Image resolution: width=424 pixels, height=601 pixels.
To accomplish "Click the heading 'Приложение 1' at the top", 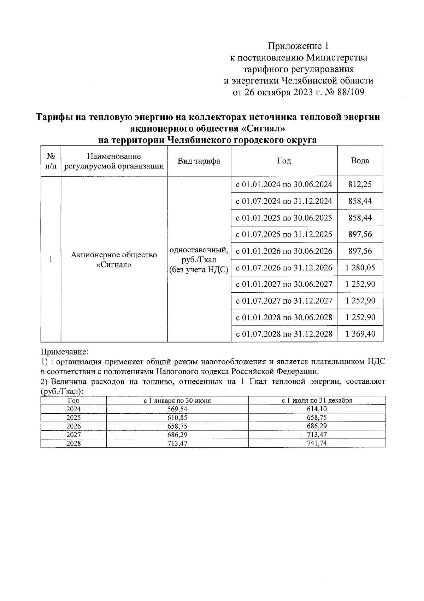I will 299,46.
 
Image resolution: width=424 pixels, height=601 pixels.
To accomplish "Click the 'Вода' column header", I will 360,161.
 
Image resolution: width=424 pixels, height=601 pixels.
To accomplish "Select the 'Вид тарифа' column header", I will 199,161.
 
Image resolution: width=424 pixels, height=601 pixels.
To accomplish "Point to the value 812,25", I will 360,184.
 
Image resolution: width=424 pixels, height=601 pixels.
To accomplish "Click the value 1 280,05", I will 360,268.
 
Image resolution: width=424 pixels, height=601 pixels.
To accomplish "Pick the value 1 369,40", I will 360,334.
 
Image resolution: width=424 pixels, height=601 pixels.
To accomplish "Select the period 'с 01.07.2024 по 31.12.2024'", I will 284,201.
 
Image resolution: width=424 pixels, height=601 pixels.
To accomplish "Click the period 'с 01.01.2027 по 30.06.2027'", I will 284,284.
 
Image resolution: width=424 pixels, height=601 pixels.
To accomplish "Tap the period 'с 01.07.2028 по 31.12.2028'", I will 284,334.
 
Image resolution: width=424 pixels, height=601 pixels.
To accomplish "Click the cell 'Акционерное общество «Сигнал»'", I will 114,259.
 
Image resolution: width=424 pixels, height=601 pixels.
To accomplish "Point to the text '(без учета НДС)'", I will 199,270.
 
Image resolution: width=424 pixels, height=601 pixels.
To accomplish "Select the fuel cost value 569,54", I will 177,409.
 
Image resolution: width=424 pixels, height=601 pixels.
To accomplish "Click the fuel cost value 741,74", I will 317,443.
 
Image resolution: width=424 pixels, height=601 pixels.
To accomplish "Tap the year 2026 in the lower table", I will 73,426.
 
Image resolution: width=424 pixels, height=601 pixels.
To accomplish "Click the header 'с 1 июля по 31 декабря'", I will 317,401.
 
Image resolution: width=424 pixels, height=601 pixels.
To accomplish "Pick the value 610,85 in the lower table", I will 177,418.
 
